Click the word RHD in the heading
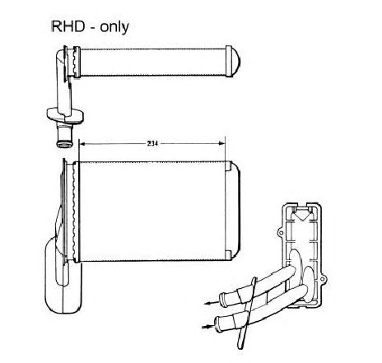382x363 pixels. point(68,26)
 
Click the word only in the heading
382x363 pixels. point(114,27)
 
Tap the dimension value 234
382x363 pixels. point(152,143)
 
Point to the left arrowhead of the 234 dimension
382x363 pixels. point(82,143)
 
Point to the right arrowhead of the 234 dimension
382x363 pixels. point(221,143)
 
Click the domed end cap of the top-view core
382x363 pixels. point(236,61)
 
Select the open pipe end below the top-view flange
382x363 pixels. point(64,143)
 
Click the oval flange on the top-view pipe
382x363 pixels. point(65,115)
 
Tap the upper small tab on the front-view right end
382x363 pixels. point(229,166)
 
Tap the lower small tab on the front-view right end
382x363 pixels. point(229,254)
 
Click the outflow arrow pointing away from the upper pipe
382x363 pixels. point(212,303)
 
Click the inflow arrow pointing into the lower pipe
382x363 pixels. point(208,327)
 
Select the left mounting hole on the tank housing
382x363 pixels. point(281,233)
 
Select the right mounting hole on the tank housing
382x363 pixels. point(323,279)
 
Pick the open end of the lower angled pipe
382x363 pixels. point(218,323)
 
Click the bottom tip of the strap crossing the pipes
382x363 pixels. point(240,347)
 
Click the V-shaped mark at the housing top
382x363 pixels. point(301,216)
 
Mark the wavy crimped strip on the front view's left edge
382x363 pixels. point(73,211)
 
